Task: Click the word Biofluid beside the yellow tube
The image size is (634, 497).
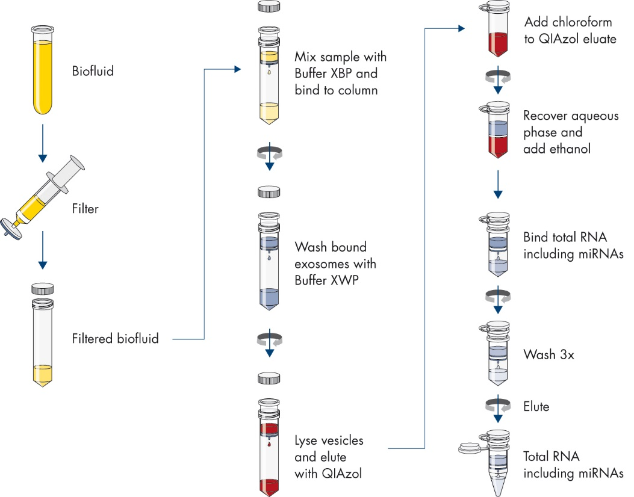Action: tap(93, 71)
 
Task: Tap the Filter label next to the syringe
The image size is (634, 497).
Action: tap(84, 209)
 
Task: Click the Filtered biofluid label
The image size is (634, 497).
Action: tap(115, 339)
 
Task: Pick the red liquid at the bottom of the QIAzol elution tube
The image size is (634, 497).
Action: tap(269, 485)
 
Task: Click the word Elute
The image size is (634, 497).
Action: tap(536, 407)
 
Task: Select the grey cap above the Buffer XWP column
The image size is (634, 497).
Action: tap(269, 192)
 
